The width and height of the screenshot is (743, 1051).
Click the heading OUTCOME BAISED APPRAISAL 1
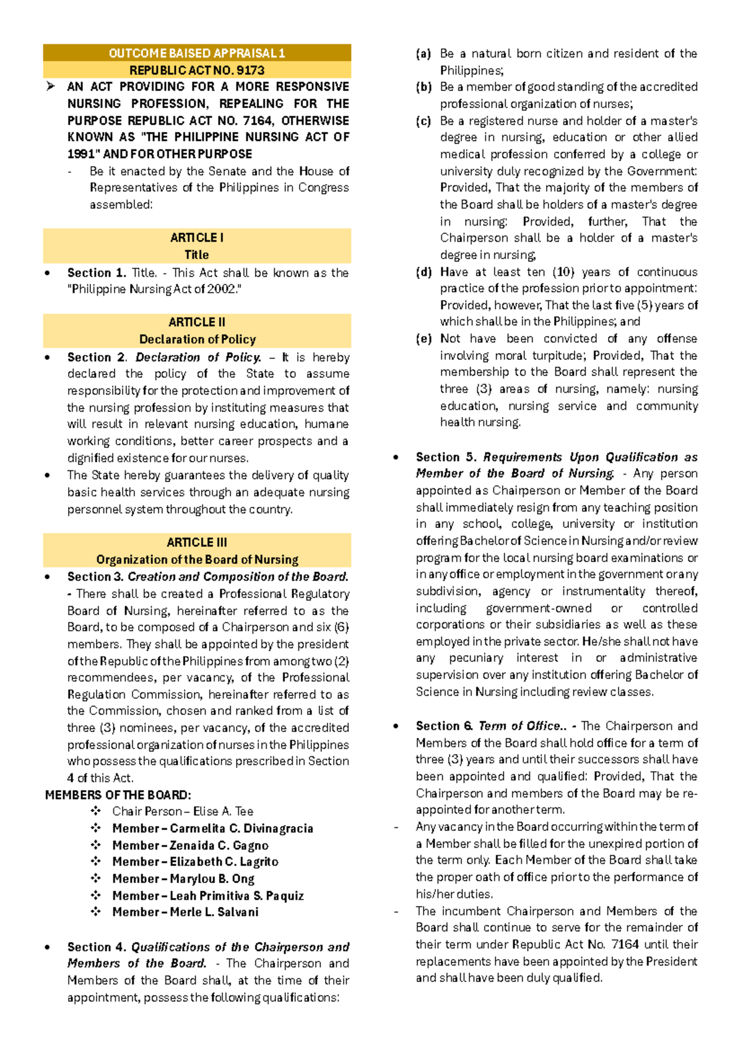[197, 53]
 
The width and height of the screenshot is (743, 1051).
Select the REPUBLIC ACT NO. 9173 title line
[197, 70]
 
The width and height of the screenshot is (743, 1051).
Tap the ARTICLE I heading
[197, 237]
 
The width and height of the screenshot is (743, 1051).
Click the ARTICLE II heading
[197, 322]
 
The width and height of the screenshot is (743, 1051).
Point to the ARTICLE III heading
[197, 542]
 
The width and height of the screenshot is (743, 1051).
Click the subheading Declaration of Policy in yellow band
[197, 339]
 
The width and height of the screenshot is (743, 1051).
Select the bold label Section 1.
[97, 273]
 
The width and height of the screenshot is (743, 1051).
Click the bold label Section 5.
[446, 457]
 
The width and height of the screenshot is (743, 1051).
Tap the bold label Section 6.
[444, 726]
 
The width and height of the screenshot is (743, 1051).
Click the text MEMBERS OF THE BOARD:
[118, 795]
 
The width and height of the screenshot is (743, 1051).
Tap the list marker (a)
[424, 54]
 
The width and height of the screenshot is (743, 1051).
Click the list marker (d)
[424, 272]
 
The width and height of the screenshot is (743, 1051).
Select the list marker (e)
[424, 339]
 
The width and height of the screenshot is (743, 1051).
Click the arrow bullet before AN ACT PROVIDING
[51, 87]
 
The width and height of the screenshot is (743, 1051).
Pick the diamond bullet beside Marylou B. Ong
[96, 879]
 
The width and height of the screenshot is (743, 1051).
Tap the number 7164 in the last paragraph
[625, 944]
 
